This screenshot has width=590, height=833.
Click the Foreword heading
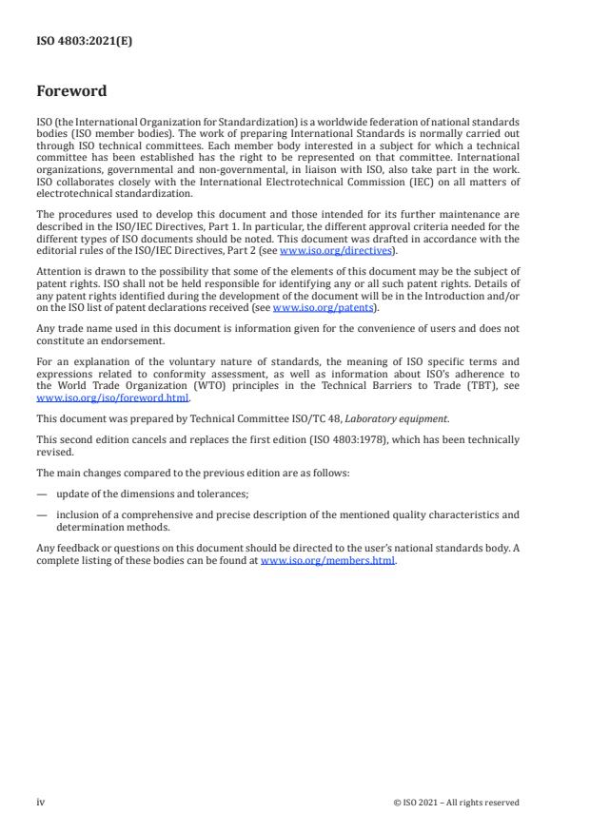[x=71, y=92]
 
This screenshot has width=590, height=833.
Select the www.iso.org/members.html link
[x=327, y=561]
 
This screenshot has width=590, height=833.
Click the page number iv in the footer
[x=41, y=803]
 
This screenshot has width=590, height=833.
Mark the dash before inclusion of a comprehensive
[x=42, y=514]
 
